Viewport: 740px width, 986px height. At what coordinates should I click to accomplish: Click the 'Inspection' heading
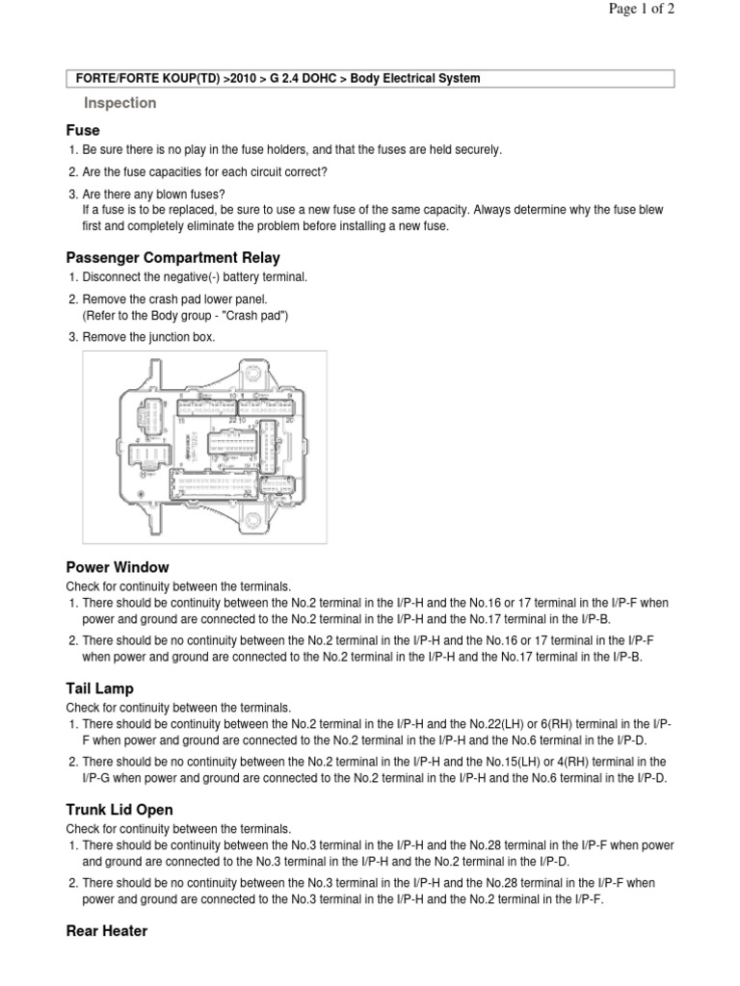tap(119, 103)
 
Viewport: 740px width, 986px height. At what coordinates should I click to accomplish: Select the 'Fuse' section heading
tap(83, 130)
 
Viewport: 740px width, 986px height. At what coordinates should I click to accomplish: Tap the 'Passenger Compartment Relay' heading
tap(173, 257)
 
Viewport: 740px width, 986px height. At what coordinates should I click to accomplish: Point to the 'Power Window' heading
tap(118, 567)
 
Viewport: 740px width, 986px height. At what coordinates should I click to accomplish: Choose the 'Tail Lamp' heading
tap(100, 688)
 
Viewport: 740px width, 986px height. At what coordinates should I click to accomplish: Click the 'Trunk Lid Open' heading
tap(119, 810)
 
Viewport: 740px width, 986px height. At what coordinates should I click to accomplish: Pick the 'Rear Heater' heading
tap(107, 931)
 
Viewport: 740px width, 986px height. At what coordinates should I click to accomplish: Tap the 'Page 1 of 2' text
tap(641, 11)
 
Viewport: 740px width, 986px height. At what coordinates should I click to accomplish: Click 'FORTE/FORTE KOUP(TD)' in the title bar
tap(146, 78)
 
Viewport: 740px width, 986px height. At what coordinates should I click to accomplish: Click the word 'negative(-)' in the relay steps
tap(182, 277)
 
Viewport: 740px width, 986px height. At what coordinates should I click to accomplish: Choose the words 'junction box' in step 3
tap(182, 337)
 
